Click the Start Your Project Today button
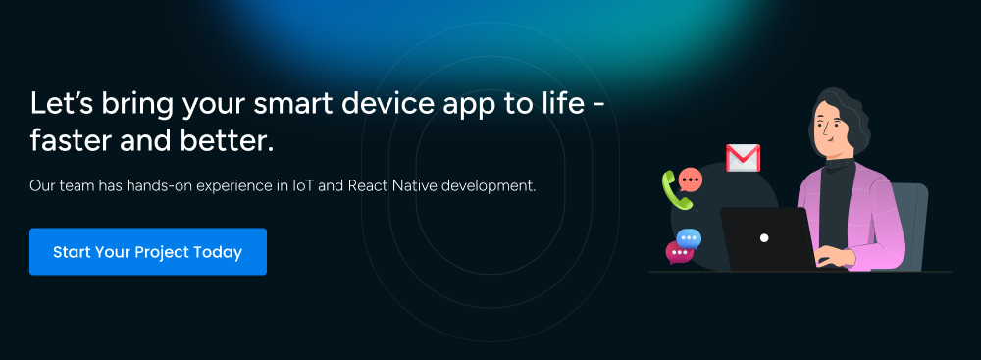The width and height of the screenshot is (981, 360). (148, 252)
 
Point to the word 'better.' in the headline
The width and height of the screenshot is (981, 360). (234, 141)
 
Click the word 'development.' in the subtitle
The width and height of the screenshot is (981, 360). (490, 184)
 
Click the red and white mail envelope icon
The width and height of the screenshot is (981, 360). (743, 157)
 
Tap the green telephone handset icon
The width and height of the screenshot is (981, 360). (675, 190)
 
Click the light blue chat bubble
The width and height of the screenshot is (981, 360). (690, 238)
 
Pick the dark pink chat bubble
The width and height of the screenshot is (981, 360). (678, 253)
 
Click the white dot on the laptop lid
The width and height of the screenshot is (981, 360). (764, 237)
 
